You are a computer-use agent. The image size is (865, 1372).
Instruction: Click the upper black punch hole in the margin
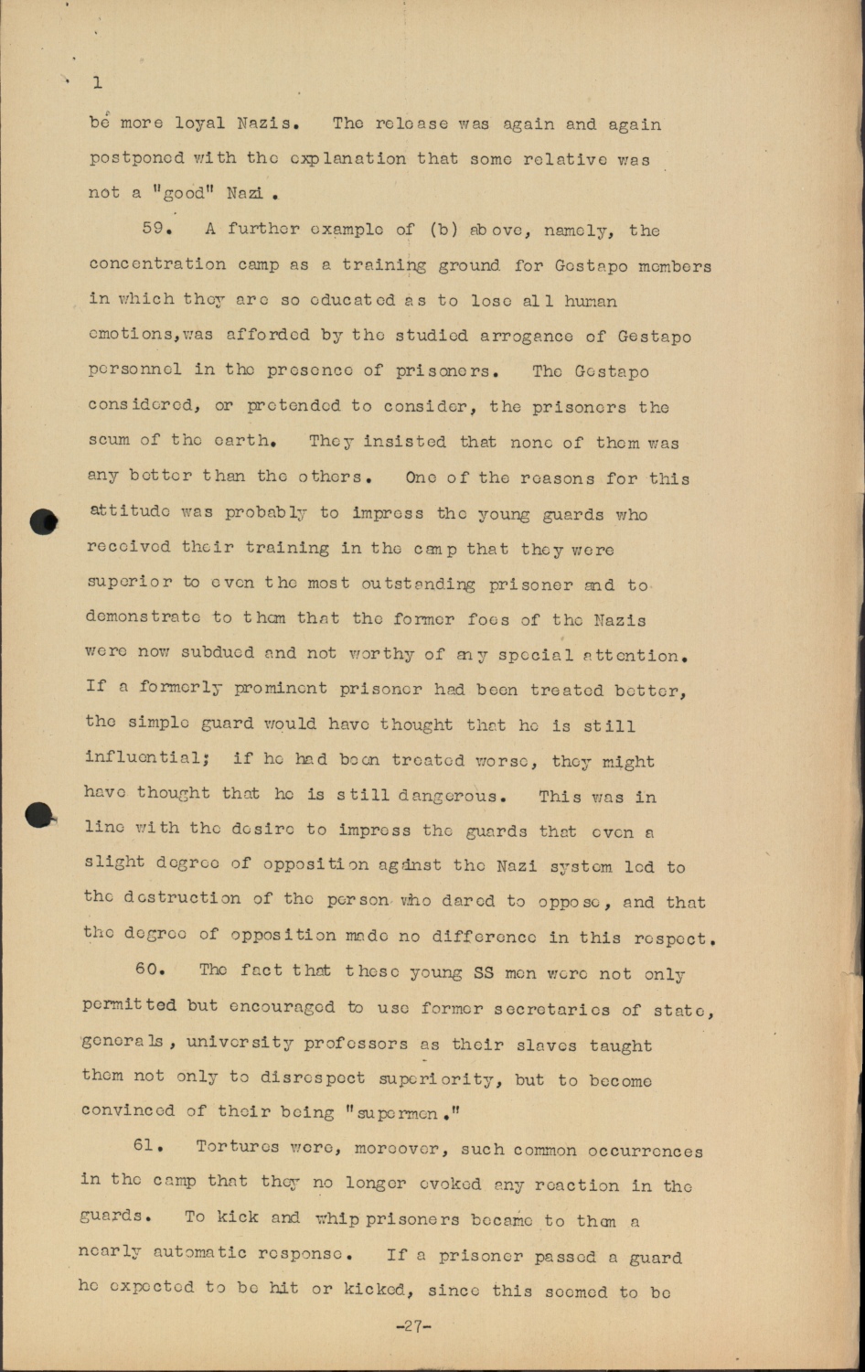tap(44, 521)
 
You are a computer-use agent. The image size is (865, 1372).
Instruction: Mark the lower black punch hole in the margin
tap(41, 815)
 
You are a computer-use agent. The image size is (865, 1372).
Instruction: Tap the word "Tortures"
tap(237, 1148)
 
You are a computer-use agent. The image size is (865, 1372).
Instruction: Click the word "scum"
tap(109, 441)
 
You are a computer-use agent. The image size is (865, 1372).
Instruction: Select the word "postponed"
tap(136, 159)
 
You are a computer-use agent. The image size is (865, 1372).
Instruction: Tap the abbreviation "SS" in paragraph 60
tap(482, 973)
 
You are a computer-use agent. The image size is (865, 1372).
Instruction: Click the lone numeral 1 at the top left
tap(97, 83)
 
